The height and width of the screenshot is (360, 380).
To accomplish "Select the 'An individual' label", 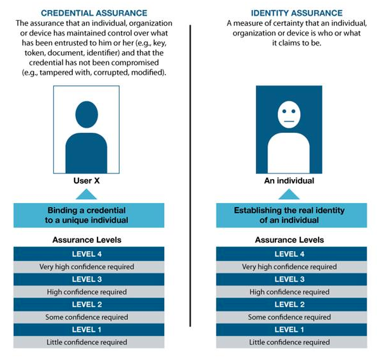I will click(289, 181).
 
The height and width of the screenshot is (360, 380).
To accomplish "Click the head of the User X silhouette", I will click(86, 115).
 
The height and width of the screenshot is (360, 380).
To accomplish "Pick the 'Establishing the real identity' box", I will click(289, 216).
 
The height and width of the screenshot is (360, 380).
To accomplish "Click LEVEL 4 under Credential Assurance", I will click(89, 254).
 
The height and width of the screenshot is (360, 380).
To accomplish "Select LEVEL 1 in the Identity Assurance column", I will click(289, 330).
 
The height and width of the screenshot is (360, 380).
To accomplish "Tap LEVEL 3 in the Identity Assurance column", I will click(289, 279).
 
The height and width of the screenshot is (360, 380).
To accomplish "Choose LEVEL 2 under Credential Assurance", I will click(89, 304).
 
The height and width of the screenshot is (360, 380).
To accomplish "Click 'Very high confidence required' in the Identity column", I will click(289, 266).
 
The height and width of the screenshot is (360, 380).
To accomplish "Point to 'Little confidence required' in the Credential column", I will click(87, 342).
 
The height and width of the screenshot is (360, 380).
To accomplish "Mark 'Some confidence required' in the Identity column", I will click(289, 317).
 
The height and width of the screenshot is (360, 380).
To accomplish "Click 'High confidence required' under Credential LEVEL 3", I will click(87, 292).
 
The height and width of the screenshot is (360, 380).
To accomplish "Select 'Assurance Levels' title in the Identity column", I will click(289, 240).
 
